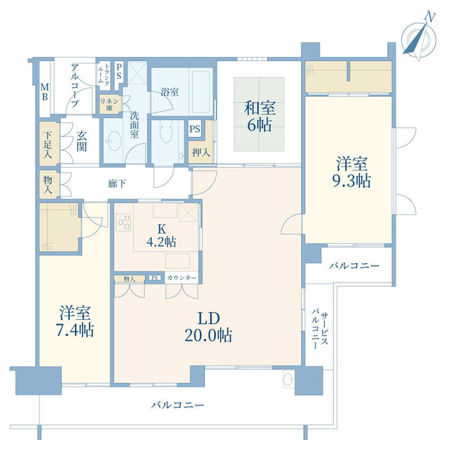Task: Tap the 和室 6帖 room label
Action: click(260, 116)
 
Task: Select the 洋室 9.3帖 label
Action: click(351, 172)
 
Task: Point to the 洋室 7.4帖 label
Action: click(75, 321)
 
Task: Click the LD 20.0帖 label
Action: click(208, 327)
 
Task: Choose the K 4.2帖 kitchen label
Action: click(161, 236)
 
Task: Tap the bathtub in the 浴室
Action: click(201, 92)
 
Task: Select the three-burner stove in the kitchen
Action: click(124, 222)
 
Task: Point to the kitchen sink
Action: click(177, 261)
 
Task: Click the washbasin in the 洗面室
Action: click(114, 140)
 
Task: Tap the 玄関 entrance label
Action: click(81, 141)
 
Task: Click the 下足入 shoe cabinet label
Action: click(48, 145)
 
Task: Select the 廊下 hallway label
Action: click(117, 184)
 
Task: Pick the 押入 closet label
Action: click(201, 153)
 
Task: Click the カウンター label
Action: click(182, 278)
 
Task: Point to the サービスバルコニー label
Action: click(320, 329)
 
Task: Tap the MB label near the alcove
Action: click(44, 92)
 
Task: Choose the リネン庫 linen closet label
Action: click(109, 105)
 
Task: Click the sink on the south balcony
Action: click(288, 380)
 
